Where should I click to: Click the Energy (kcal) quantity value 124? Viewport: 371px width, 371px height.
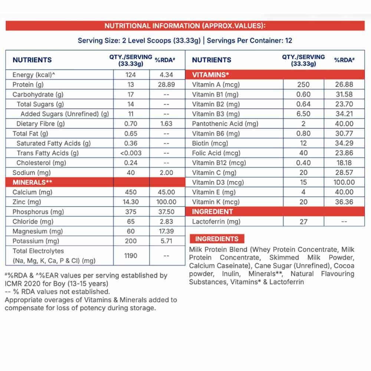point(131,75)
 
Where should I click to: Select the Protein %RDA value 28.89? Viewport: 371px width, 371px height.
point(167,85)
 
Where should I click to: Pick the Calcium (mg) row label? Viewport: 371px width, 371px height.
point(32,192)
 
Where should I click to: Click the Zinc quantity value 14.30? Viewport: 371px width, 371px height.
point(131,202)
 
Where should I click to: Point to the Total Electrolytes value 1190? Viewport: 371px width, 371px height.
point(131,256)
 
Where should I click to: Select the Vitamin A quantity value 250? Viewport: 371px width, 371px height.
point(303,85)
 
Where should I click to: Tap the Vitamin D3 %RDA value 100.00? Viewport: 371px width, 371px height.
point(344,182)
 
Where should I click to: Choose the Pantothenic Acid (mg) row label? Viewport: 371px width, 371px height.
point(225,124)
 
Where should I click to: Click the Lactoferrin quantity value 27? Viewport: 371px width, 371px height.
point(303,221)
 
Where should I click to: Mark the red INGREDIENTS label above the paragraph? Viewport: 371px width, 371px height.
point(217,239)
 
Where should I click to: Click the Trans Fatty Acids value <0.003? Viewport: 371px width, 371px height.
point(131,153)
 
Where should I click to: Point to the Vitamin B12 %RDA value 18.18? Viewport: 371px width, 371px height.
point(344,163)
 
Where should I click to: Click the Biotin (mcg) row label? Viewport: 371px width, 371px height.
point(210,143)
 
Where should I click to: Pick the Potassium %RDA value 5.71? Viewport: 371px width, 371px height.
point(167,241)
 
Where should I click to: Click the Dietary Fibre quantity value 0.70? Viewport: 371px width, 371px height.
point(131,124)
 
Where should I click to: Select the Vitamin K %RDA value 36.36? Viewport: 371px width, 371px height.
point(344,202)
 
